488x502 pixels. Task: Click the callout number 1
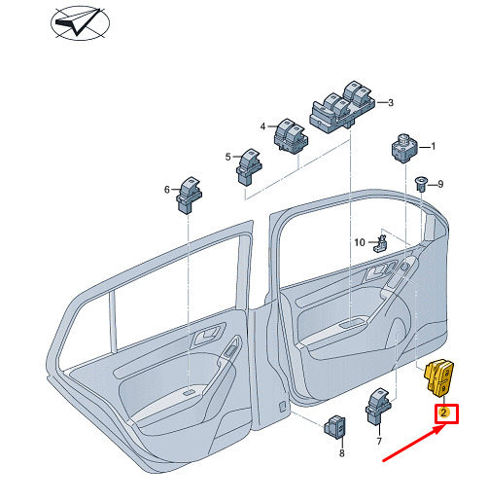tap(433, 147)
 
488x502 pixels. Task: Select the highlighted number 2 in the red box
tap(443, 412)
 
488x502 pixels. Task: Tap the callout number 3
tap(391, 103)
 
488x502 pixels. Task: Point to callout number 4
tap(262, 126)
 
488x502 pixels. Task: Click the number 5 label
tap(228, 157)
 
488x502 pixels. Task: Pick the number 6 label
tap(167, 190)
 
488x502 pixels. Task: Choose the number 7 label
tap(379, 441)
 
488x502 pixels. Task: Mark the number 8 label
tap(342, 453)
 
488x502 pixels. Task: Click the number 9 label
tap(440, 184)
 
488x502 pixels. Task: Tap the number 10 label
tap(360, 242)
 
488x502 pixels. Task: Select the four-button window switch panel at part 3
tap(343, 108)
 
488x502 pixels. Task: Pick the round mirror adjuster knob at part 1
tap(404, 148)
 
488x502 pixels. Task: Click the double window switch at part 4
tap(291, 135)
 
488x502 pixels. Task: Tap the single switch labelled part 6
tap(189, 196)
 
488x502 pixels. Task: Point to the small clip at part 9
tap(421, 184)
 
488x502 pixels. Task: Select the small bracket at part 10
tap(381, 243)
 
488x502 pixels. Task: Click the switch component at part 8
tap(334, 426)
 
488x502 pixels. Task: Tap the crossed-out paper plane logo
tap(81, 23)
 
